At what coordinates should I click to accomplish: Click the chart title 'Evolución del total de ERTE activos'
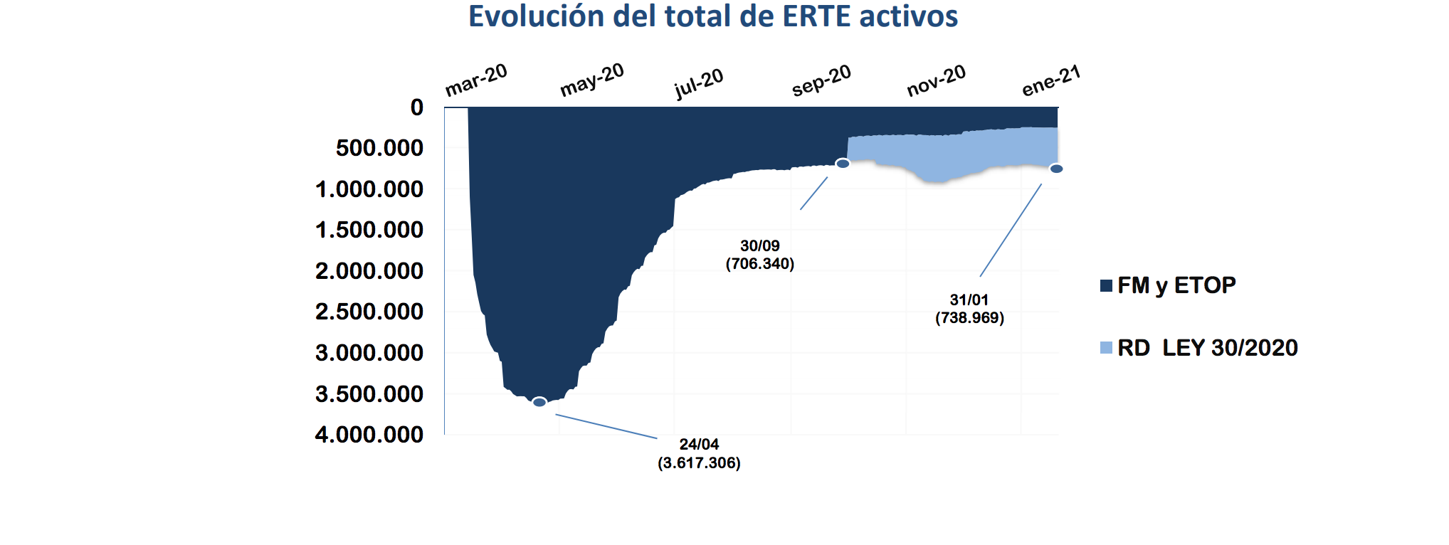point(712,16)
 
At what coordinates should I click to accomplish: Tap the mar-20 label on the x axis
point(475,80)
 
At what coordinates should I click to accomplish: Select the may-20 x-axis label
point(591,79)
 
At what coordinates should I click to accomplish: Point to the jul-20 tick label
point(698,83)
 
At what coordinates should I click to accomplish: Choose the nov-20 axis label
point(936,80)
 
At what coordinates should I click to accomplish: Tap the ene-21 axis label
point(1051,80)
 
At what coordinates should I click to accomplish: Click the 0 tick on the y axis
point(416,107)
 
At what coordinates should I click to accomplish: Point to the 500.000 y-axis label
point(379,148)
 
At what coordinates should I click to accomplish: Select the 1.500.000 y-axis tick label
point(369,230)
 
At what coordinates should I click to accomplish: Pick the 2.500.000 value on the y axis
point(369,312)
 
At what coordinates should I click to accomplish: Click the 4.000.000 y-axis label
point(369,434)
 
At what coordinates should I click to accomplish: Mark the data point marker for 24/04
point(539,402)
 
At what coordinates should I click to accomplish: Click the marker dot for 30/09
point(843,164)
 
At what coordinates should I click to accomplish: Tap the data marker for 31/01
point(1056,169)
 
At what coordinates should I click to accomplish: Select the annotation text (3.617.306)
point(699,463)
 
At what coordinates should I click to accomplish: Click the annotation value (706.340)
point(759,264)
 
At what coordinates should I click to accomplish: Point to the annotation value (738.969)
point(969,318)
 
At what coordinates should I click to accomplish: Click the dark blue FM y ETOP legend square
point(1106,286)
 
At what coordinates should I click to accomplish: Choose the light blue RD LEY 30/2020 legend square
point(1106,348)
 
